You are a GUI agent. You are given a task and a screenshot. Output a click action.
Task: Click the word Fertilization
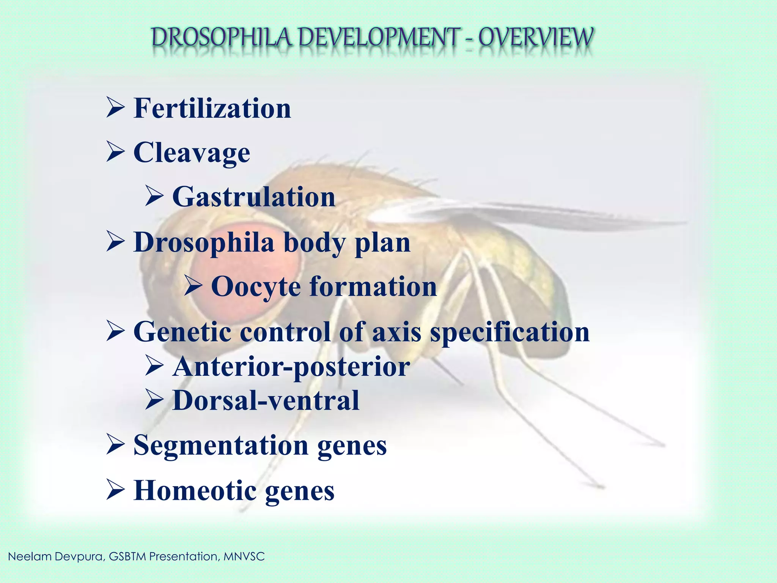coord(212,109)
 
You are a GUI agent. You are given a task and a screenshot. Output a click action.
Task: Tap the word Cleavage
coord(192,153)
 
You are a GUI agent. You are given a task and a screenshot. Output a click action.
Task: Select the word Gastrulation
coord(254,197)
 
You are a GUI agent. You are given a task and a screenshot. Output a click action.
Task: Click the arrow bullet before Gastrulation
coord(154,197)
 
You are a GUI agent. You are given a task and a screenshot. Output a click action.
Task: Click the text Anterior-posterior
coord(291,367)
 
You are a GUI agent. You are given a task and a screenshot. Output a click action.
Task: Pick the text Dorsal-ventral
coord(266,401)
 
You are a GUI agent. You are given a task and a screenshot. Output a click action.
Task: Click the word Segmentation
coord(221,445)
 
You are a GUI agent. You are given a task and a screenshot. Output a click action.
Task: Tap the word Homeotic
coord(195,491)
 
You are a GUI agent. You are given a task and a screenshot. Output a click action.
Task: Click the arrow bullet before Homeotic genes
coord(115,490)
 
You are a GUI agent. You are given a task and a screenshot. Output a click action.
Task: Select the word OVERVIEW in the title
coord(535,38)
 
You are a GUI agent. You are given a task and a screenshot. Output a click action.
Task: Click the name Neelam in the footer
coord(30,557)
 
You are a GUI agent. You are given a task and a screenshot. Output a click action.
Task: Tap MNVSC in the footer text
coord(244,557)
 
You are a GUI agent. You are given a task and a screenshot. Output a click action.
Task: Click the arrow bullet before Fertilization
coord(115,108)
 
